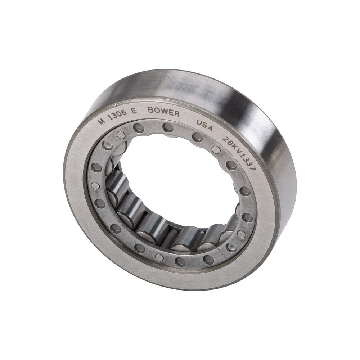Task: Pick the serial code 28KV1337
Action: pos(239,153)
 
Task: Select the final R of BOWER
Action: pos(177,114)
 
